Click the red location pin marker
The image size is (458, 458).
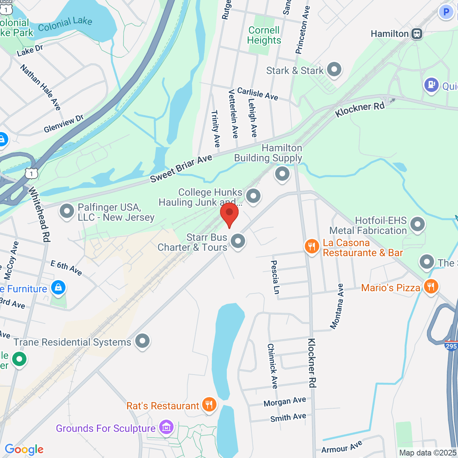(x=229, y=214)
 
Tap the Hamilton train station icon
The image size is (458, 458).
(x=417, y=34)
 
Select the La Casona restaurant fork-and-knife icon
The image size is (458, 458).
(x=312, y=247)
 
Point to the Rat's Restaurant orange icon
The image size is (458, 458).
(x=209, y=405)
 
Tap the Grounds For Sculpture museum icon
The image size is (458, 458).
(x=166, y=427)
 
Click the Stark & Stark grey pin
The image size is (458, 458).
(x=335, y=69)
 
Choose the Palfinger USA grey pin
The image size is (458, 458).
(x=67, y=211)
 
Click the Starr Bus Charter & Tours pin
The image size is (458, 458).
(x=238, y=241)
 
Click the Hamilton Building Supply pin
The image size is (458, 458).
(x=282, y=174)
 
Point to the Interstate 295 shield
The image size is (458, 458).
(x=451, y=346)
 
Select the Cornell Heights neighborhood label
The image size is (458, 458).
(x=264, y=35)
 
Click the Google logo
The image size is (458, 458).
(x=24, y=450)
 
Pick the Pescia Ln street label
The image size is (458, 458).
(x=274, y=277)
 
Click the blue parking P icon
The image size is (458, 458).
(x=446, y=12)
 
